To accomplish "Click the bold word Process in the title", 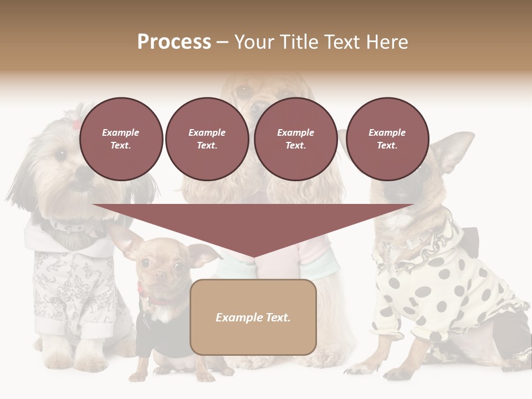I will (x=174, y=42).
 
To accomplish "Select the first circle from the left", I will (x=121, y=139).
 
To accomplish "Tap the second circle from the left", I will (x=207, y=139).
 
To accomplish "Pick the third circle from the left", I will (x=295, y=139).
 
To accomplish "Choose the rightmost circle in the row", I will (x=387, y=139).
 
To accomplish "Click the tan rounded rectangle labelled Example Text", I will (x=253, y=317).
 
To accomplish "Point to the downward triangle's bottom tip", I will (x=253, y=257).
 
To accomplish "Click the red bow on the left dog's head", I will (x=76, y=124).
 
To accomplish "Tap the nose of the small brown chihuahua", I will (x=160, y=275).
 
